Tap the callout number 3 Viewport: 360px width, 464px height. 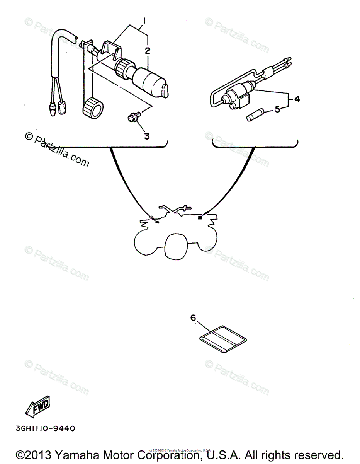pos(147,136)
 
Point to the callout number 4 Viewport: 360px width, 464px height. pos(297,99)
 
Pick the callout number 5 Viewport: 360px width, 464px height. pos(277,110)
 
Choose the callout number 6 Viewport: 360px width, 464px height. pos(193,318)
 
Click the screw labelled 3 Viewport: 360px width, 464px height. pos(134,116)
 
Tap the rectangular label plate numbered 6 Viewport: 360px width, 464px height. pos(222,338)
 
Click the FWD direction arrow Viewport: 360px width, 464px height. pos(37,406)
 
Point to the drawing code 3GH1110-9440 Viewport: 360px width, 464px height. pos(45,428)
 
